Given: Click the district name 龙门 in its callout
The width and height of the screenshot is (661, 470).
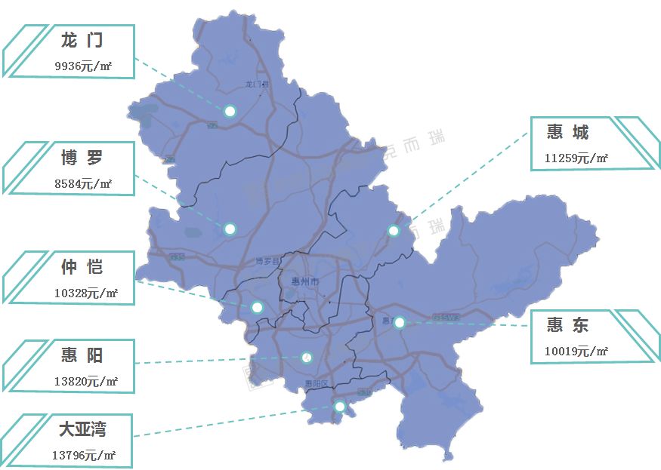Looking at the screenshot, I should (82, 41).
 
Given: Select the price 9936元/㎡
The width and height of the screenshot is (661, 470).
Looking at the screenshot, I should (83, 66).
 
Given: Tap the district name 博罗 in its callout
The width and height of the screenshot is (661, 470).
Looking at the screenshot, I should (82, 158).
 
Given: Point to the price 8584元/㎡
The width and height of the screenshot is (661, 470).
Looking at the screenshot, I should (83, 183).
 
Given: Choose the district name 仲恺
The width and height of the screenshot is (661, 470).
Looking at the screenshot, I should (82, 267).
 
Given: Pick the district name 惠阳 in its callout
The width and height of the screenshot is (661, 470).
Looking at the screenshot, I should (82, 355).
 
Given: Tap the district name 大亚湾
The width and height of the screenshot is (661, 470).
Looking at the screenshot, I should (82, 429).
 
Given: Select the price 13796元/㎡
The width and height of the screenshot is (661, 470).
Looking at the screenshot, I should (83, 455).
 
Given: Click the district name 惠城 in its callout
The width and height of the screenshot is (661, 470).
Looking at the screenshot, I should (568, 133).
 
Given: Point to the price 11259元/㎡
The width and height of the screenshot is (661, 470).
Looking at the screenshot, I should (576, 158).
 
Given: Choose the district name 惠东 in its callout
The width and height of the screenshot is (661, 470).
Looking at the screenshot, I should (568, 325).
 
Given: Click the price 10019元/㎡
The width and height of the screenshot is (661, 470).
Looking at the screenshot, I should (576, 351).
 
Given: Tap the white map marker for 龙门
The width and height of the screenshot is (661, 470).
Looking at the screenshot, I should (230, 111).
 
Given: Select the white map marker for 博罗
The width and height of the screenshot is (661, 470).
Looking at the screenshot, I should (230, 229).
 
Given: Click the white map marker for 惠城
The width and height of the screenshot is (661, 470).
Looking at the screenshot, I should (394, 231).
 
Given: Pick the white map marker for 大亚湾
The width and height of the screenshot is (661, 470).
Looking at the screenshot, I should (340, 407).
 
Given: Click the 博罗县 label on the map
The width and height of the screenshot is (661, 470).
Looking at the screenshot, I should (267, 262).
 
